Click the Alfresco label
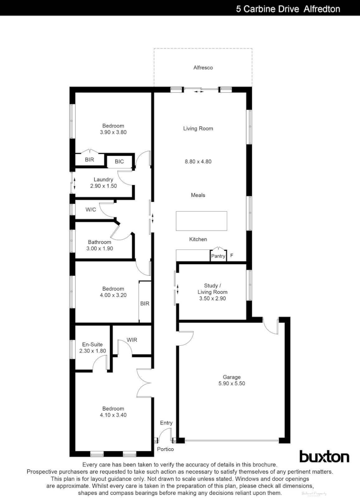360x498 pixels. (x=203, y=68)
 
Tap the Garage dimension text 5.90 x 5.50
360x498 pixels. (x=232, y=383)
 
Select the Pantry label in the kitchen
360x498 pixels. (x=218, y=256)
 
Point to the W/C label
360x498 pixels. (x=90, y=210)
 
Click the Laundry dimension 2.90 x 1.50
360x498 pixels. (x=103, y=186)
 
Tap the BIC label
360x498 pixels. (x=119, y=161)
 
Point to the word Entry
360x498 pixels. (x=166, y=423)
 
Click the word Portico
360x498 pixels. (x=165, y=449)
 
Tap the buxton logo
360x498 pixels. (x=324, y=456)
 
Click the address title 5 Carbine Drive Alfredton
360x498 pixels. (x=288, y=9)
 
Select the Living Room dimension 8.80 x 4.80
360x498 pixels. (x=198, y=162)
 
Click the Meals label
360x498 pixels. (x=198, y=195)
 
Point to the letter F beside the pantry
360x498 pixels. (x=232, y=256)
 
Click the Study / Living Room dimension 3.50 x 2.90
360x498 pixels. (x=212, y=298)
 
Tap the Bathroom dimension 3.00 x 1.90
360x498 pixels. (x=100, y=249)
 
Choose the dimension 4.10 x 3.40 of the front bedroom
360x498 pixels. (x=113, y=415)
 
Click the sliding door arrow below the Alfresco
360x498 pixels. (x=198, y=92)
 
